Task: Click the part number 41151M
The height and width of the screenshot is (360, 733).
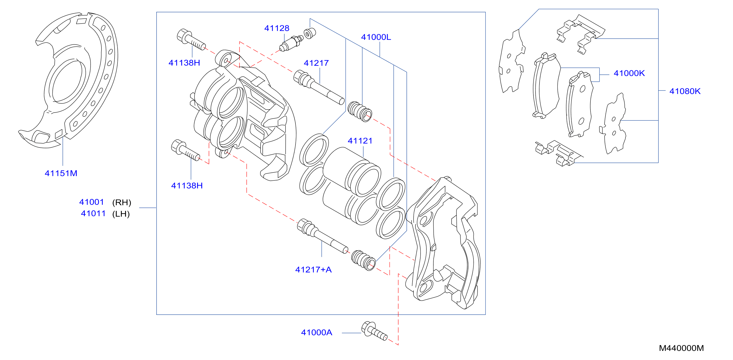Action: click(x=61, y=173)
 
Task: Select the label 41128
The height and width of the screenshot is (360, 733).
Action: click(x=277, y=28)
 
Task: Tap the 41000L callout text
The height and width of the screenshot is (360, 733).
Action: click(x=376, y=37)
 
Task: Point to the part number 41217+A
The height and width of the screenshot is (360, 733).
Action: click(x=313, y=270)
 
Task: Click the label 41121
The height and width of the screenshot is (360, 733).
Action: click(x=360, y=141)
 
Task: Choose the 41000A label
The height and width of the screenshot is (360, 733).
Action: click(x=316, y=332)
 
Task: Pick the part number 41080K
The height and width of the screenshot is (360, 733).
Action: click(x=685, y=91)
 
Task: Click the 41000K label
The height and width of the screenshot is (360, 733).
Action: click(x=629, y=73)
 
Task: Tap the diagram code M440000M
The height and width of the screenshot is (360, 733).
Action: click(x=681, y=348)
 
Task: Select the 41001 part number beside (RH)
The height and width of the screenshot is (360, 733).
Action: click(x=91, y=202)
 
